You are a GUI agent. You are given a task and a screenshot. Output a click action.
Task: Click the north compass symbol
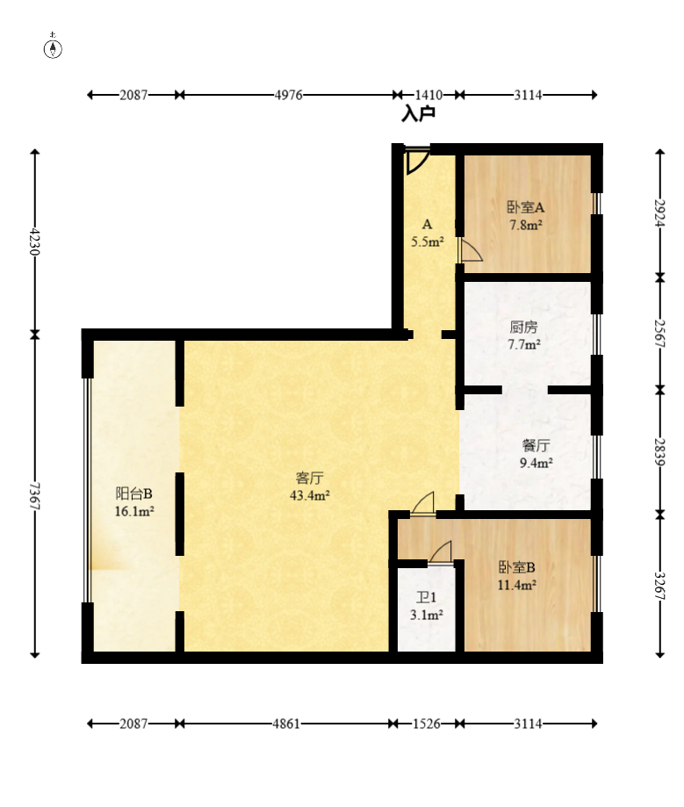click(x=53, y=47)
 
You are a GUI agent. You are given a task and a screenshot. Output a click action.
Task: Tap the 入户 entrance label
click(x=419, y=114)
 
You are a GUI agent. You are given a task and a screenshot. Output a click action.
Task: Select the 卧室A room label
click(x=525, y=207)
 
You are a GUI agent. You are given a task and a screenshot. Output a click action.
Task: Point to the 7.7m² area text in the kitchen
click(x=524, y=344)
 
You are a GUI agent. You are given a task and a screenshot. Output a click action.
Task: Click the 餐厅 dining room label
click(x=536, y=445)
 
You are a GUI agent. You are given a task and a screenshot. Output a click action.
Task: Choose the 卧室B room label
click(x=516, y=567)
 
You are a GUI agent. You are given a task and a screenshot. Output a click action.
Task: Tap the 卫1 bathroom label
click(x=426, y=597)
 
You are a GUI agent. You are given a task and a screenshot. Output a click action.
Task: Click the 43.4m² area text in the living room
click(x=310, y=495)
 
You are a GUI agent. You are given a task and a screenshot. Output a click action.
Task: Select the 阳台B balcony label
click(x=133, y=494)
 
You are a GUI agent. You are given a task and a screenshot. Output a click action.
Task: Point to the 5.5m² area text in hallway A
click(x=428, y=241)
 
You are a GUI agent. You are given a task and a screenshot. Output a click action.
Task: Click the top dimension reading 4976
click(x=288, y=95)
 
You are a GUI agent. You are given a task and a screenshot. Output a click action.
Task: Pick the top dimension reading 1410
click(x=428, y=95)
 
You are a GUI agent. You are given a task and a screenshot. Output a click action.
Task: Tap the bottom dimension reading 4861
click(x=286, y=724)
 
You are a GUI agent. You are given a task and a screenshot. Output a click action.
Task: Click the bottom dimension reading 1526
click(x=427, y=724)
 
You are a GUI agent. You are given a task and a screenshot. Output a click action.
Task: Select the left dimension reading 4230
click(x=34, y=241)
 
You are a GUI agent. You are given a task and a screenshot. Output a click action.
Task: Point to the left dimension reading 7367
click(x=34, y=495)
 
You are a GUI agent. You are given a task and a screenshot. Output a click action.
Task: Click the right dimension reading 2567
click(x=659, y=334)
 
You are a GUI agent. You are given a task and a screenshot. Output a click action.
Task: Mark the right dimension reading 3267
click(x=659, y=586)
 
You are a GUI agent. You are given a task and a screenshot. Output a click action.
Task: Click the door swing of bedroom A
click(x=471, y=250)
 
